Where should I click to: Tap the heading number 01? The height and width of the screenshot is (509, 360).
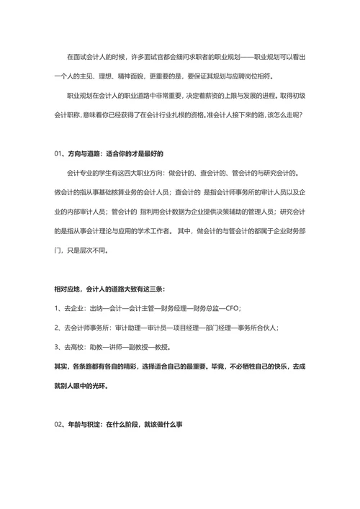tap(58, 154)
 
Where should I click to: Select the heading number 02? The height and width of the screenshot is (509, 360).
tap(58, 425)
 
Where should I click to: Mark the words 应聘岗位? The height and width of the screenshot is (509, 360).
tap(261, 76)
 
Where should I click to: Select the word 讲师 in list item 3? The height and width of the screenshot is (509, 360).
tap(114, 347)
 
